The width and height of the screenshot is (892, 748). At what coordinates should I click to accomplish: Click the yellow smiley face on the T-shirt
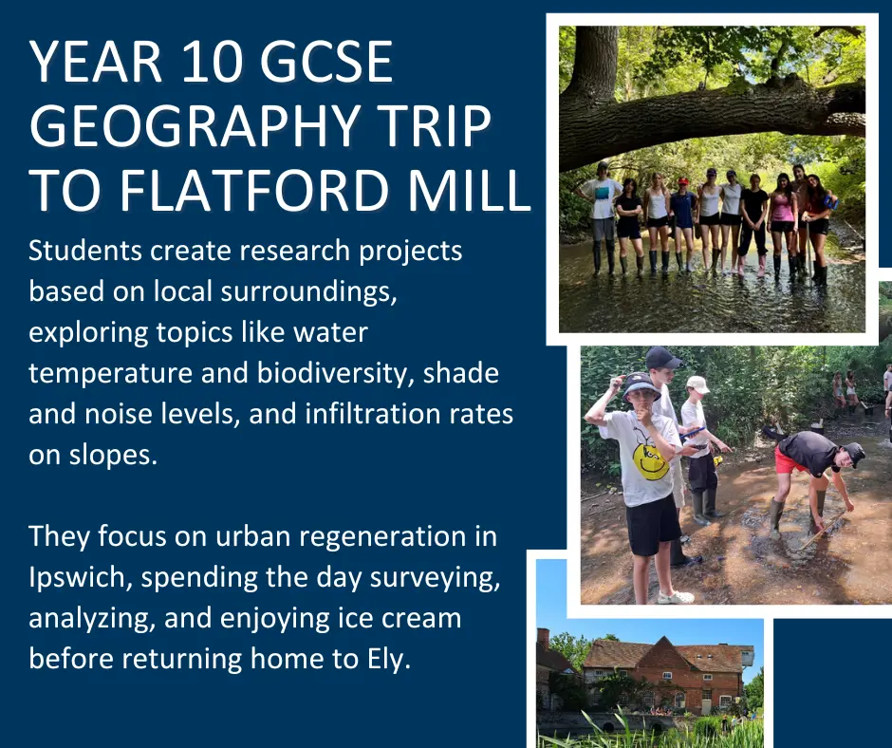pos(651,461)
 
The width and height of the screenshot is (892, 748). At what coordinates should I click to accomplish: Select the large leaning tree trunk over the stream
pos(711,120)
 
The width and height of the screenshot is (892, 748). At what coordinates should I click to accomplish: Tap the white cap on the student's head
pos(697,384)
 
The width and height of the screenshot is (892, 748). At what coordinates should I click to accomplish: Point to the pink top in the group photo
pos(783,209)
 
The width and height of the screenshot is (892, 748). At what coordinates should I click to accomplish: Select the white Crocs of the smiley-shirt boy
pos(676,597)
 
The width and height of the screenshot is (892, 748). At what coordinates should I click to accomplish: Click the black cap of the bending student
pos(854,454)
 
